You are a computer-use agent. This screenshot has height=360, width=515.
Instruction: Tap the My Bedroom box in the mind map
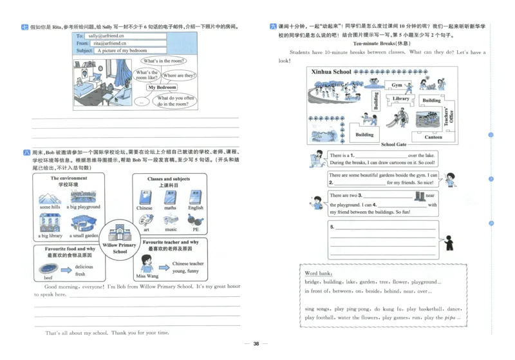click(162, 87)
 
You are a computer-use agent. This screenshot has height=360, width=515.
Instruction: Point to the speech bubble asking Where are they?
click(178, 75)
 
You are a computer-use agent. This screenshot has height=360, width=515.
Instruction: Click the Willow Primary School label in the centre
click(120, 248)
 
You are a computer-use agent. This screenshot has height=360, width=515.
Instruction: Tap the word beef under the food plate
click(48, 275)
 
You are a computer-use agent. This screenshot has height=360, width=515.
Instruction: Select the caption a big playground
click(84, 207)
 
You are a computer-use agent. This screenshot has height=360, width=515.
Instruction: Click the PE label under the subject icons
click(196, 229)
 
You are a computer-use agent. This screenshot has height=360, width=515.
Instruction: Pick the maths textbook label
click(170, 208)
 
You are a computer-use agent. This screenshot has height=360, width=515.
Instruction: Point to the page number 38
click(256, 344)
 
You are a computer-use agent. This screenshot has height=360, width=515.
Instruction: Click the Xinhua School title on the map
click(332, 71)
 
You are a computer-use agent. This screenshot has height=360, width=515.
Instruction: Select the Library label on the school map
click(400, 99)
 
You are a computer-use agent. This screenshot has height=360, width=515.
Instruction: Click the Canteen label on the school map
click(433, 137)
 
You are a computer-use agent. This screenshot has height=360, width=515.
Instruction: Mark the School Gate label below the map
click(393, 145)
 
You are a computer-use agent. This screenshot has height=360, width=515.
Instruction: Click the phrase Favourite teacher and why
click(167, 243)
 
